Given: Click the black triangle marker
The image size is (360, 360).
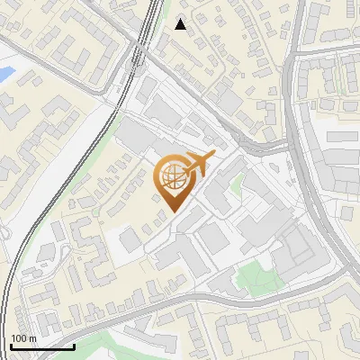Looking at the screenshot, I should (x=181, y=24).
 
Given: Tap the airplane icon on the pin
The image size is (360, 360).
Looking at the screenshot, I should (x=197, y=165).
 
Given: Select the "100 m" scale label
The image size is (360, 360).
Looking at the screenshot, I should (x=22, y=338).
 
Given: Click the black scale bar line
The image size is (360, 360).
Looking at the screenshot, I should (x=41, y=346).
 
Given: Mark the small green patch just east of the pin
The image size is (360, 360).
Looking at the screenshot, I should (x=237, y=186).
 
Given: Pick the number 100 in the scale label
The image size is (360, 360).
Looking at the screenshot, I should (x=18, y=338).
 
